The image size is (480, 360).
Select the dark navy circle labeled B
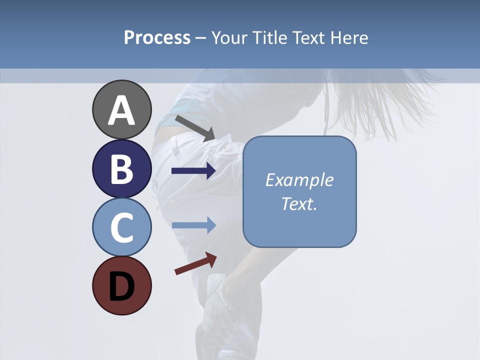pyautogui.click(x=121, y=169)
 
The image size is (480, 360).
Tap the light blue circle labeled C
pyautogui.click(x=121, y=227)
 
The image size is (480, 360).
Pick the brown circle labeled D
pyautogui.click(x=121, y=285)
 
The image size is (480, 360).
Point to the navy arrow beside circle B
pyautogui.click(x=194, y=171)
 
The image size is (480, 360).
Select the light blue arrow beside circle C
pyautogui.click(x=194, y=225)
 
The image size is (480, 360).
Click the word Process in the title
pyautogui.click(x=157, y=37)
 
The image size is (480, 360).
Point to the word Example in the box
pyautogui.click(x=299, y=180)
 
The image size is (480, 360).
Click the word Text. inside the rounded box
pyautogui.click(x=299, y=203)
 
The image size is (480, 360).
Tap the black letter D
pyautogui.click(x=121, y=286)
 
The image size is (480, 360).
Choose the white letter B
pyautogui.click(x=121, y=169)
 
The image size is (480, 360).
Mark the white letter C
pyautogui.click(x=121, y=228)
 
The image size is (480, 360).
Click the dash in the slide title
pyautogui.click(x=201, y=38)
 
